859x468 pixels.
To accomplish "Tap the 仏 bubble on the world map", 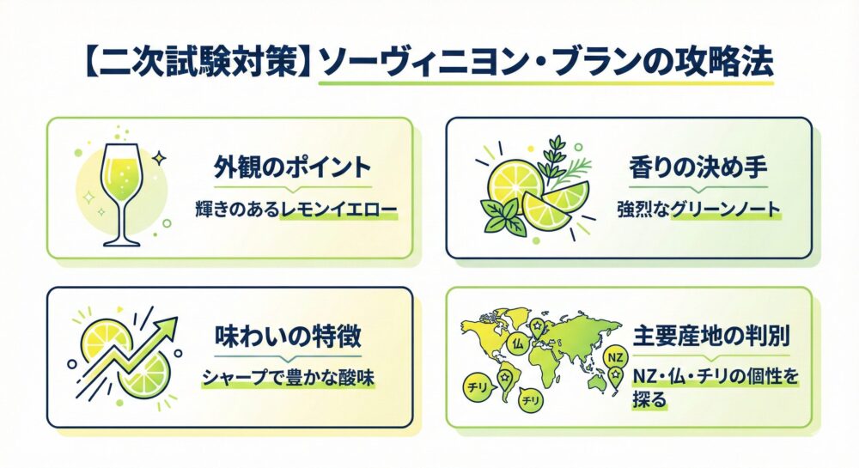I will point(516,343).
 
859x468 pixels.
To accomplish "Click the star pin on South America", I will point(505,377).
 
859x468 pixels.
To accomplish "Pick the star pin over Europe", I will point(537,326).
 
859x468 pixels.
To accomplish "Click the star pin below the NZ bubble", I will point(615,375).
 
